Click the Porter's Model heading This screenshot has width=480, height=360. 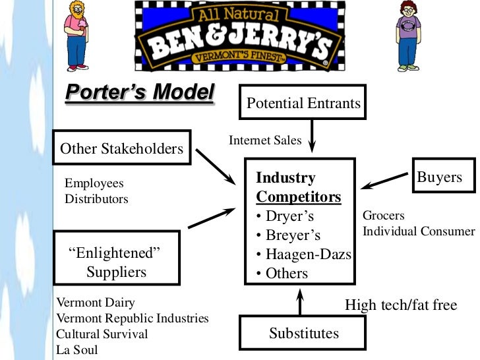(140, 93)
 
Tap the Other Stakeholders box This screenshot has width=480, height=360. (122, 148)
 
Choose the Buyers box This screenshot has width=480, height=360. (439, 177)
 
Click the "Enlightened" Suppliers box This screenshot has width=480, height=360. (116, 262)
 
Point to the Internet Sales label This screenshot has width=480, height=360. (265, 140)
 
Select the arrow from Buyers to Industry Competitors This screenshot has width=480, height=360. (386, 180)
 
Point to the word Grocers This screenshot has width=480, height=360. (384, 216)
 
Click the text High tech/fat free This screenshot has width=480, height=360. (401, 305)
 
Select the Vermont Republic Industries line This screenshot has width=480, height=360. (133, 318)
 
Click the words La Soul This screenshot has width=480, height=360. (76, 349)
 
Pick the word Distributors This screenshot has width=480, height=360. (96, 198)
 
